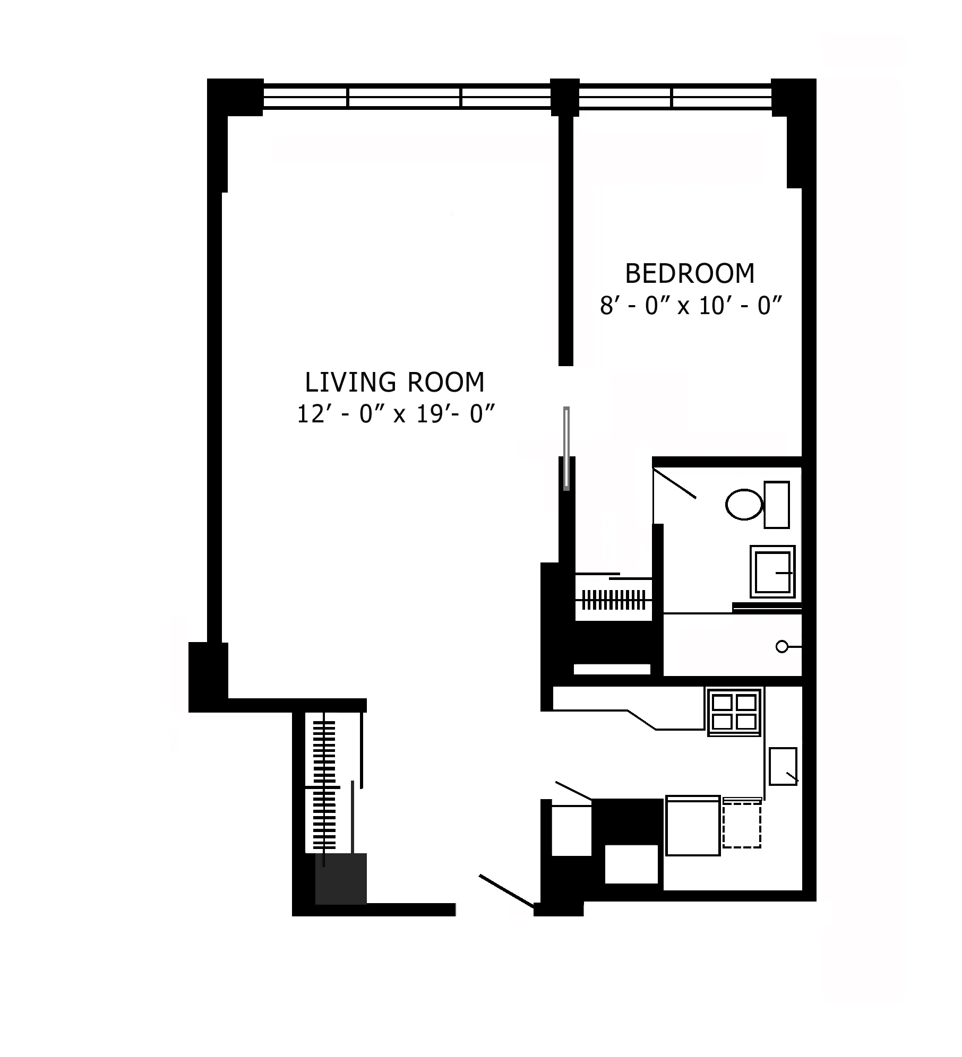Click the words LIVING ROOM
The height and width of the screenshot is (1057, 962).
pyautogui.click(x=394, y=383)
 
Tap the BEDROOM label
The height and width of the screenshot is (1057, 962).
pyautogui.click(x=690, y=274)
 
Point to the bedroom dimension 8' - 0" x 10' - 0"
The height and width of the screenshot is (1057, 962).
pyautogui.click(x=691, y=306)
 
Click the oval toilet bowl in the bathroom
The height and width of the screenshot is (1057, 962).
pyautogui.click(x=744, y=504)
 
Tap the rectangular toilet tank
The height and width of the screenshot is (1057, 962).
pyautogui.click(x=776, y=505)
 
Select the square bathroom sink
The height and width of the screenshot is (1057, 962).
pyautogui.click(x=772, y=571)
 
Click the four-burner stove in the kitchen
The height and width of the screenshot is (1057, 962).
pyautogui.click(x=734, y=712)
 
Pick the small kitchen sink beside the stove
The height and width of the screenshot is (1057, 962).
pyautogui.click(x=783, y=766)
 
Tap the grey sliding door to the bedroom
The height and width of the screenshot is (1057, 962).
pyautogui.click(x=566, y=448)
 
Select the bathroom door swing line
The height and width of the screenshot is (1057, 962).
pyautogui.click(x=674, y=483)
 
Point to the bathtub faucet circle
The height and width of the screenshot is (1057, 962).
pyautogui.click(x=781, y=647)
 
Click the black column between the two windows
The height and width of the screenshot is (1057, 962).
pyautogui.click(x=564, y=97)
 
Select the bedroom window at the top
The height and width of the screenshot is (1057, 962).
pyautogui.click(x=674, y=98)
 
